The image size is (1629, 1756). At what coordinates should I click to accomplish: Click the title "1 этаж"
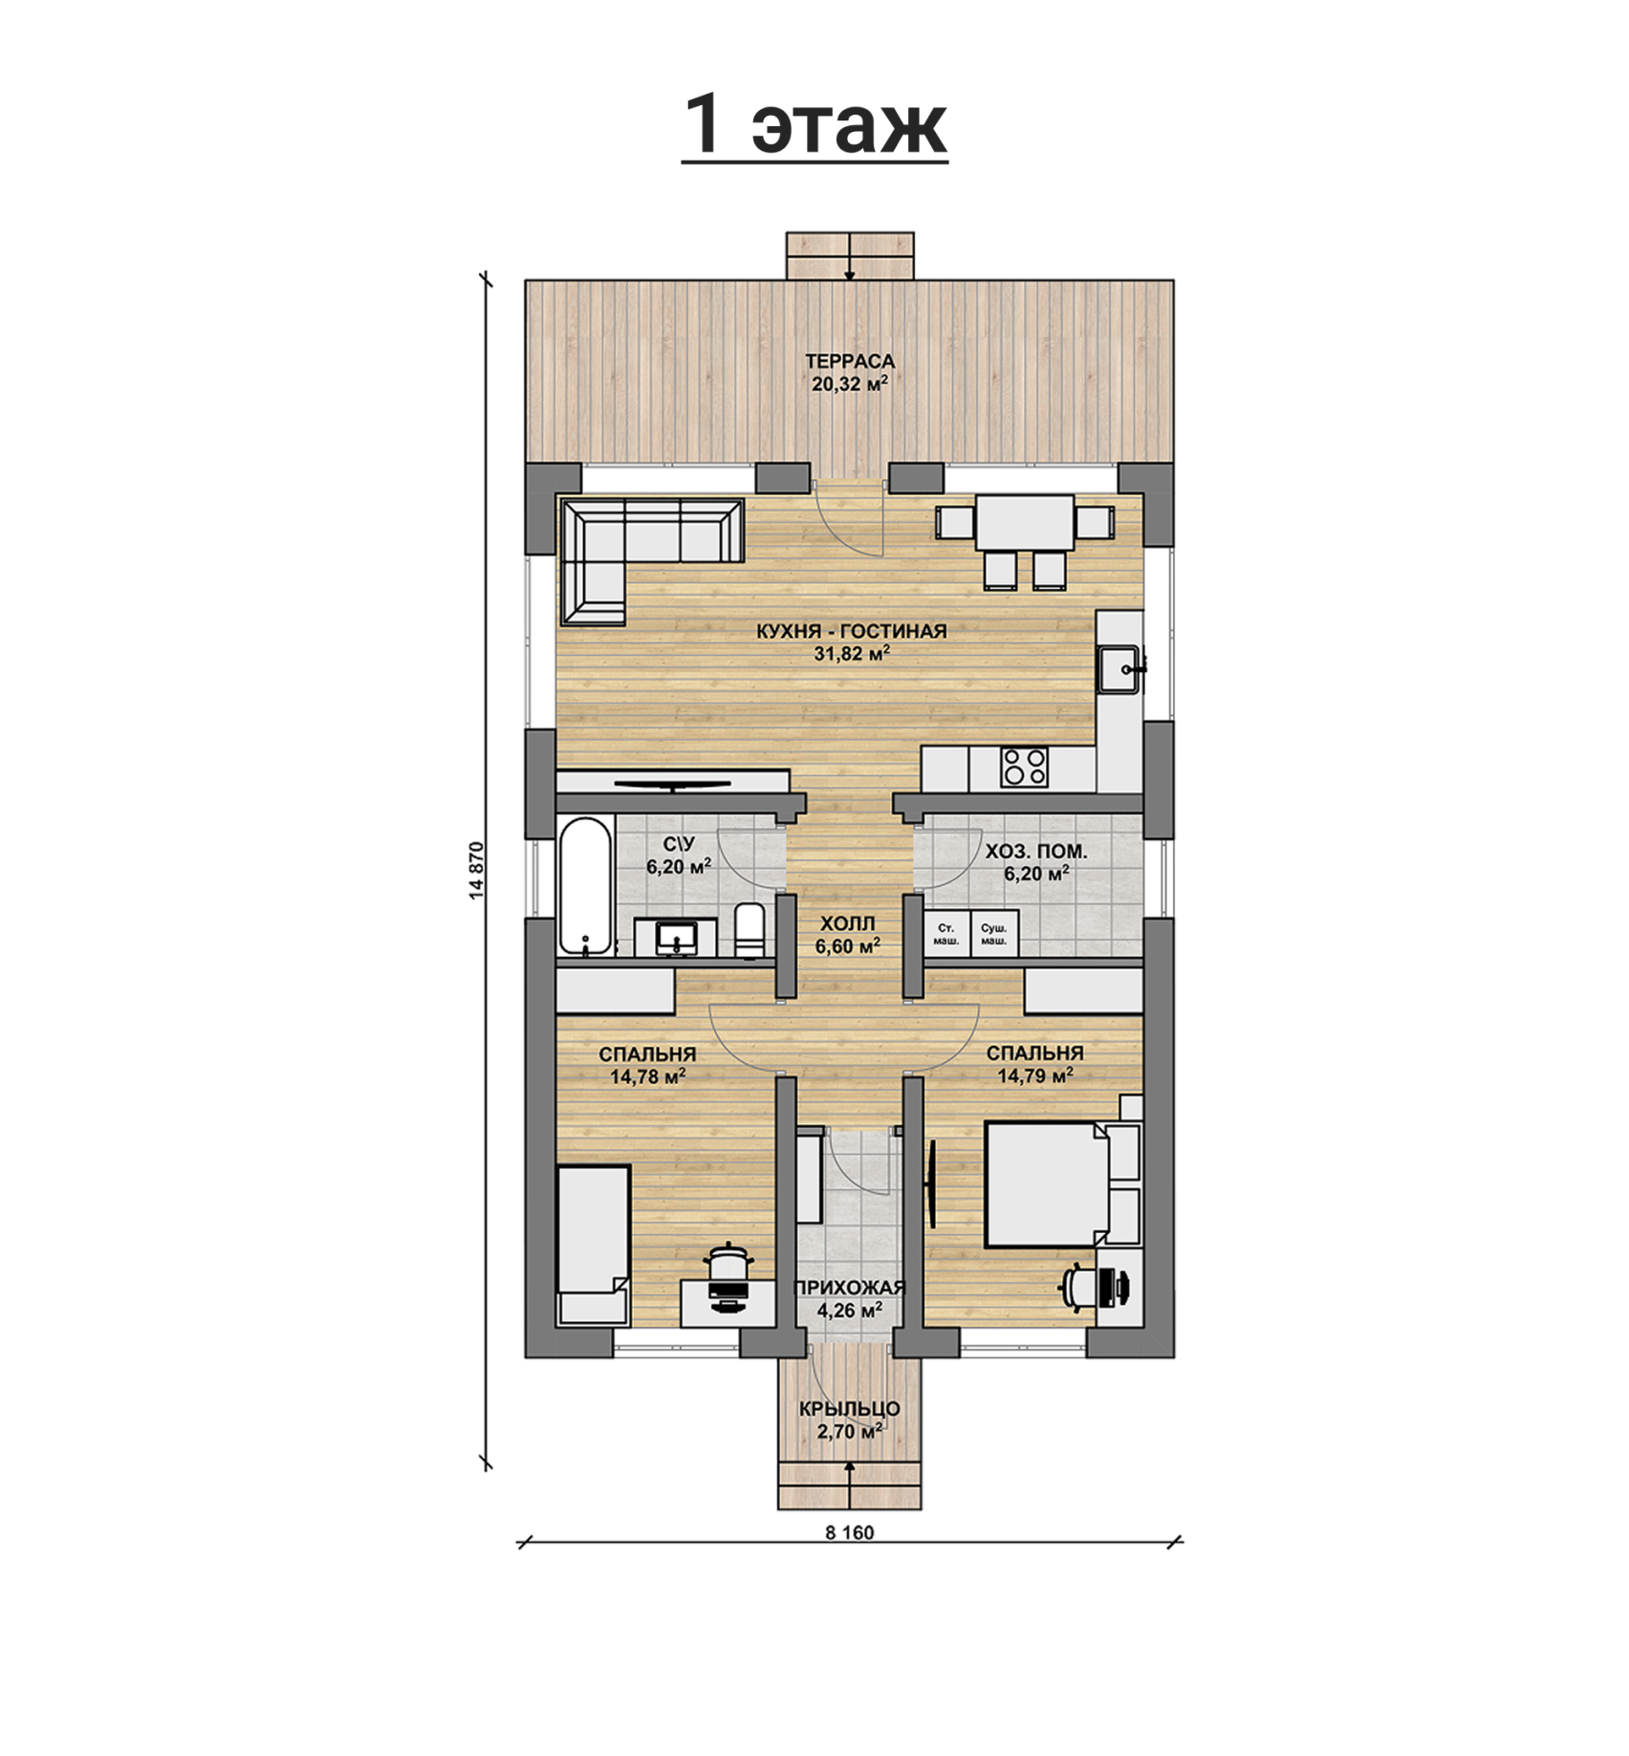pos(815,125)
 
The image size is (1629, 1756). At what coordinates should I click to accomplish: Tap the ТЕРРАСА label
pos(850,361)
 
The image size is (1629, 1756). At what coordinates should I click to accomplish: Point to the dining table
pos(1024,522)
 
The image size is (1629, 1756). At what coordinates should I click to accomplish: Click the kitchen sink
pos(1118,669)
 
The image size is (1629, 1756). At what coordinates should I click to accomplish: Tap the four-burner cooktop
pos(1024,768)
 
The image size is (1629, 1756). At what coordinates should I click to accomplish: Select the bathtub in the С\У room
pos(585,886)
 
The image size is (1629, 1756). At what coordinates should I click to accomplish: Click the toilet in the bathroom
pos(749,929)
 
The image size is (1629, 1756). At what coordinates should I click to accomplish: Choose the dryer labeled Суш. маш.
pos(994,934)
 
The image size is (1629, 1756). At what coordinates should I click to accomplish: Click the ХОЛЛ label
pos(847,924)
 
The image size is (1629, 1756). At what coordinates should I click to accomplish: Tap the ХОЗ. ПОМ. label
pos(1036,851)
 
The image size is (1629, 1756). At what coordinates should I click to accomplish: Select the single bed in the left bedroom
pos(594,1245)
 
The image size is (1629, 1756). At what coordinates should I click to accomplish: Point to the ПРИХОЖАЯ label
pos(850,1288)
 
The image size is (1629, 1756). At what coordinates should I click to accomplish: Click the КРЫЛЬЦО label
pos(850,1409)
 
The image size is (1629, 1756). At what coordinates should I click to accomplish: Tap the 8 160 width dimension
pos(850,1532)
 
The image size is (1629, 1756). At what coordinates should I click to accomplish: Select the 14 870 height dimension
pos(477,871)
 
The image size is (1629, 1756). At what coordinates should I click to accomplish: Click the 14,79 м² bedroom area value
pos(1035,1075)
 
